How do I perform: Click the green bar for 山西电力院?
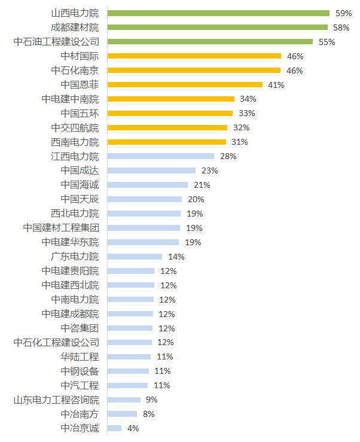[x=218, y=13]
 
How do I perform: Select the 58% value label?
[x=341, y=28]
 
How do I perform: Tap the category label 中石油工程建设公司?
[x=56, y=42]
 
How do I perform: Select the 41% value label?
[x=276, y=85]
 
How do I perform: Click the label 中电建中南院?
[x=70, y=99]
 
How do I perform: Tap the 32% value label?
[x=241, y=127]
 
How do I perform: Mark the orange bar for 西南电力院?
[x=167, y=142]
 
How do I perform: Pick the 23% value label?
[x=209, y=170]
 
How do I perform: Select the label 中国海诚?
[x=80, y=185]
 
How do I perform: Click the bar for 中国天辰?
[x=145, y=199]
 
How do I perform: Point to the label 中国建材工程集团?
[x=61, y=228]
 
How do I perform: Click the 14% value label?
[x=176, y=257]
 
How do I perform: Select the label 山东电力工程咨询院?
[x=56, y=400]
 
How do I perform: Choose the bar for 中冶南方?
[x=122, y=414]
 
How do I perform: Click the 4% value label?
[x=133, y=428]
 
